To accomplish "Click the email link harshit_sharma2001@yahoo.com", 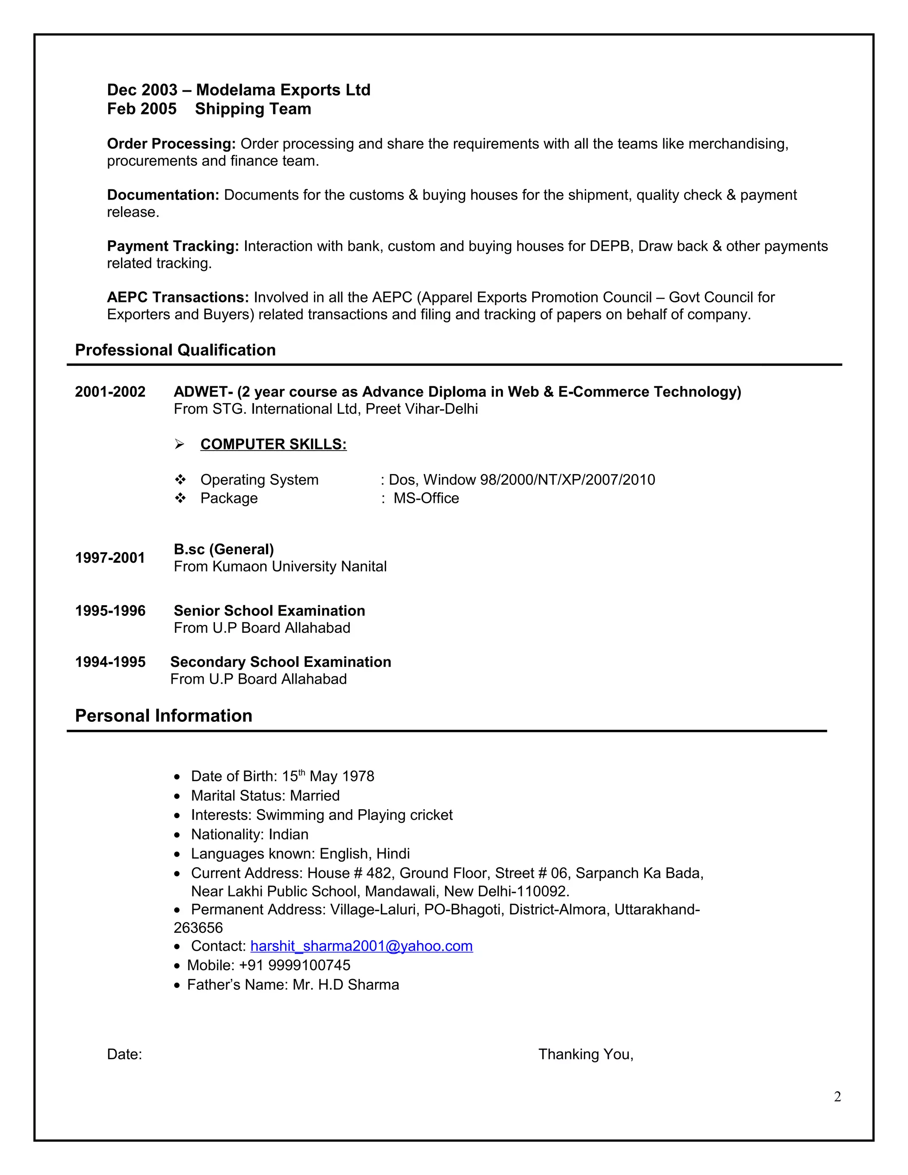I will [x=361, y=946].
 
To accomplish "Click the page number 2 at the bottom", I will [x=838, y=1097].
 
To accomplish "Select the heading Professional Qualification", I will [x=176, y=350].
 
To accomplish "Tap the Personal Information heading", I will [x=164, y=716].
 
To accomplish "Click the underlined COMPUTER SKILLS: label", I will [x=273, y=444].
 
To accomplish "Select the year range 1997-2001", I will [x=110, y=558].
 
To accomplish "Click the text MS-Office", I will [x=426, y=498].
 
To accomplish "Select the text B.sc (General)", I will [x=224, y=549].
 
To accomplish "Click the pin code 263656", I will [x=198, y=928].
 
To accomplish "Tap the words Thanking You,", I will [x=586, y=1054].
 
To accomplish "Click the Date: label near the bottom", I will [x=124, y=1054].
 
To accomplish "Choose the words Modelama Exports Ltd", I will [x=283, y=90].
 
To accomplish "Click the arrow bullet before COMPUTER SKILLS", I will [x=180, y=444].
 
